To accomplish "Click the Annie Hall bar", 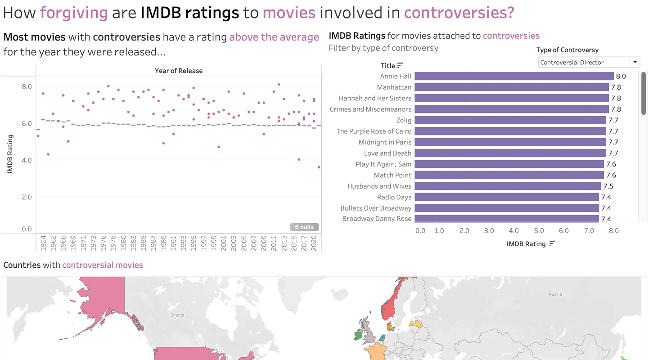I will click(x=514, y=76).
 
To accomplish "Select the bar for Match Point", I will click(x=509, y=175).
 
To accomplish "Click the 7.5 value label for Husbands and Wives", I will click(x=608, y=186).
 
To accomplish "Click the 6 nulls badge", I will click(x=305, y=227).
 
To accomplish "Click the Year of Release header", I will click(x=179, y=71).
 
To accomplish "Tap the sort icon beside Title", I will click(x=400, y=66).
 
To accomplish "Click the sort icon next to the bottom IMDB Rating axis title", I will click(x=552, y=243).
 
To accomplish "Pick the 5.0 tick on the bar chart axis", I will click(x=539, y=231).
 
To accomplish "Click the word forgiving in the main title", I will click(x=74, y=13).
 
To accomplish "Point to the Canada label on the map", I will click(x=177, y=315).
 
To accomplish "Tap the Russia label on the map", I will click(x=555, y=294).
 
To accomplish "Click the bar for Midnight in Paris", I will click(x=510, y=142).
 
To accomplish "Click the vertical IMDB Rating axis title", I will click(x=10, y=154).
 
